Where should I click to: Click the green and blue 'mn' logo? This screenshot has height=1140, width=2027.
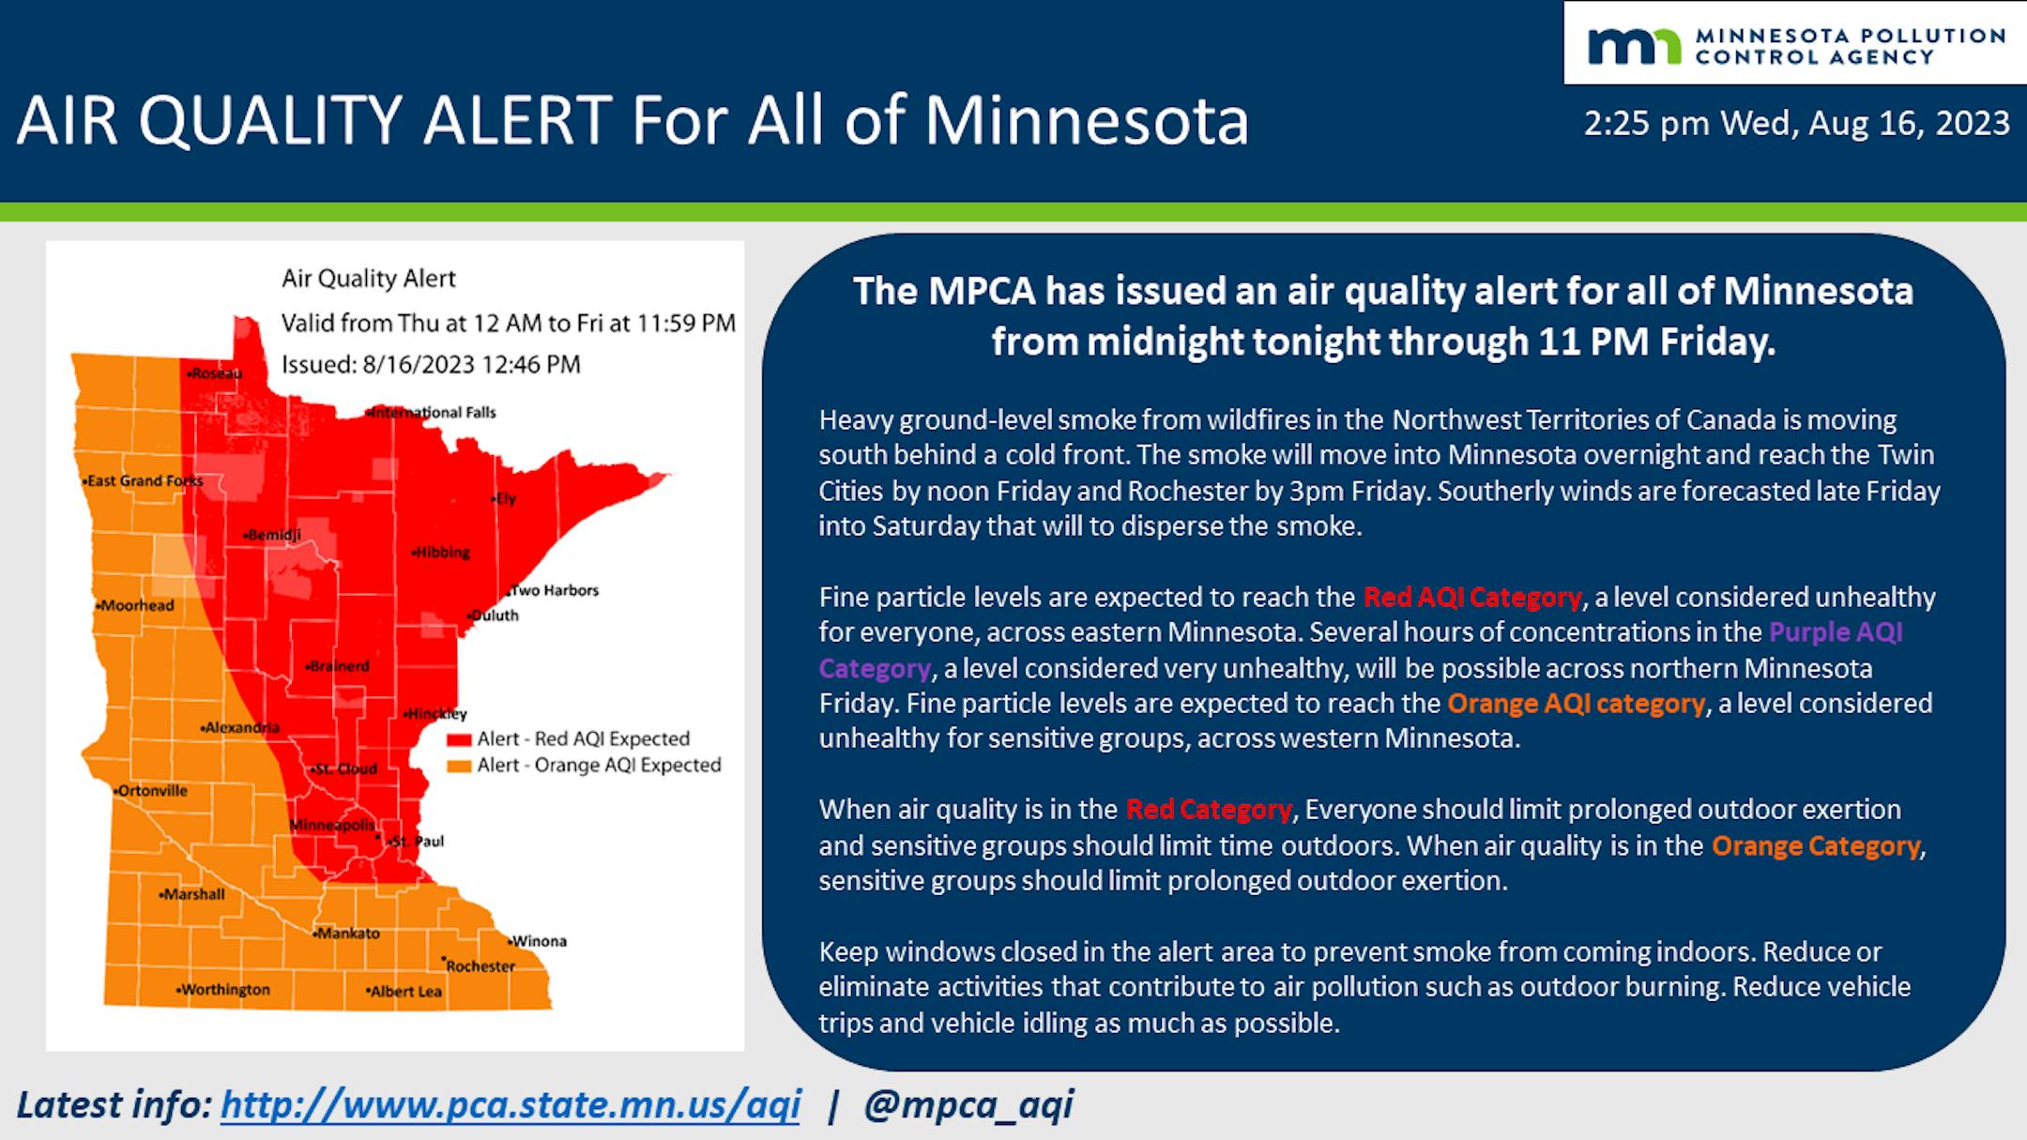(x=1634, y=46)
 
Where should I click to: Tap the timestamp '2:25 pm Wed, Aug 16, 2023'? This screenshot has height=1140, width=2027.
(x=1796, y=124)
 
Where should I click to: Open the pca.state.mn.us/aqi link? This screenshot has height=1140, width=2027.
(x=511, y=1104)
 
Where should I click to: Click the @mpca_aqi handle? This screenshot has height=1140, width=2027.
(x=968, y=1105)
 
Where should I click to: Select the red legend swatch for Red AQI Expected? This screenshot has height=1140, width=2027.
(x=459, y=740)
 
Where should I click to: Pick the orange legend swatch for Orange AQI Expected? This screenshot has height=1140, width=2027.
(x=459, y=767)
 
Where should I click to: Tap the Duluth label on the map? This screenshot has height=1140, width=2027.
(x=494, y=616)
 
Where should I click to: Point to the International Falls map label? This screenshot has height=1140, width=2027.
(x=433, y=412)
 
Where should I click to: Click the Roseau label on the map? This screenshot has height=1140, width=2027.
(x=215, y=373)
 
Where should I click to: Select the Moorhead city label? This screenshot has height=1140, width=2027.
(x=135, y=605)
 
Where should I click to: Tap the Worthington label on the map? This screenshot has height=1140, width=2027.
(x=223, y=990)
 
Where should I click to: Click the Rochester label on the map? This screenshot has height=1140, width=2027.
(x=480, y=965)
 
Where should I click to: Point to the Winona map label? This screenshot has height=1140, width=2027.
(x=538, y=941)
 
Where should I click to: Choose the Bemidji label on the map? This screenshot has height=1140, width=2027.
(x=272, y=535)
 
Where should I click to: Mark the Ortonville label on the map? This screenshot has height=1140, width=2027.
(x=151, y=791)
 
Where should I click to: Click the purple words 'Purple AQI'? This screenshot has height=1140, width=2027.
(x=1836, y=632)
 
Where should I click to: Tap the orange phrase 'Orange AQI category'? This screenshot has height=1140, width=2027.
(x=1576, y=704)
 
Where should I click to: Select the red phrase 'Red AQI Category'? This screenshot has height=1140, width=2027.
(x=1472, y=598)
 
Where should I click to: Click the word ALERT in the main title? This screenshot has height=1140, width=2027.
(x=518, y=121)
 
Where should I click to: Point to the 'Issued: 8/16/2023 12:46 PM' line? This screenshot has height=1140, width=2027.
(x=432, y=364)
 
